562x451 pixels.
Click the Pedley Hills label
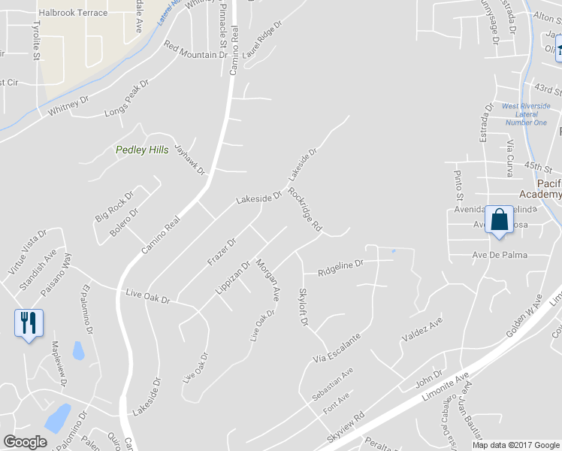[142, 150]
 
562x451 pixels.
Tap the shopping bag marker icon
[499, 220]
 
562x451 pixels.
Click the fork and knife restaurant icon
[29, 323]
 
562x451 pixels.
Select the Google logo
[26, 442]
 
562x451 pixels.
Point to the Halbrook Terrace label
[73, 13]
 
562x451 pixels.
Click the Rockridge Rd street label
[304, 210]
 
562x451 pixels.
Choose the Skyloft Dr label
[304, 307]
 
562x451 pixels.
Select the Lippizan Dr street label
[237, 277]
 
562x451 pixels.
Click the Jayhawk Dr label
[190, 159]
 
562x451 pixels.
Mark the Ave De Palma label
[499, 256]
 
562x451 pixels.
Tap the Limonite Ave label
[449, 385]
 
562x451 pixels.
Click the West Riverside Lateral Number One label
[526, 114]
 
